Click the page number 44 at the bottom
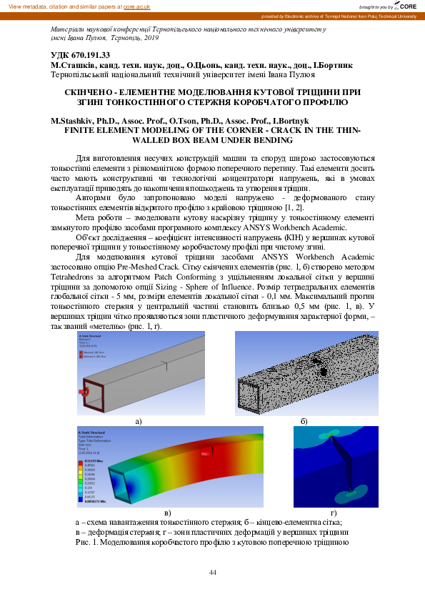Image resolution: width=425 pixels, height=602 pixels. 212,572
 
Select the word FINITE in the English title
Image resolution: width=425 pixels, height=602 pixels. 80,132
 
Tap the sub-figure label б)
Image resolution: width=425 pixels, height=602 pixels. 304,422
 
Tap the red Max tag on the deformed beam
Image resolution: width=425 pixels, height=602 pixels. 204,453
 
